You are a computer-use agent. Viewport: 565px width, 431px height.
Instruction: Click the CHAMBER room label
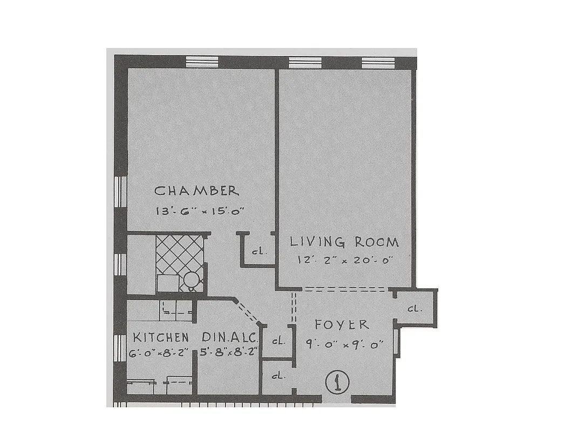tap(196, 191)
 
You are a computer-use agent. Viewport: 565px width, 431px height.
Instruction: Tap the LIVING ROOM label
tap(344, 241)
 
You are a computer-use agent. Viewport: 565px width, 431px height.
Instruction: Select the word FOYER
tap(342, 324)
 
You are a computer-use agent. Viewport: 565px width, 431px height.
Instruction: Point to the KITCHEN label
tap(161, 338)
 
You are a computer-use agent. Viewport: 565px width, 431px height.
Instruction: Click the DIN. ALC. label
tap(230, 338)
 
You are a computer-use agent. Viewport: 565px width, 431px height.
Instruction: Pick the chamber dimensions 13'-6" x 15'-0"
tap(196, 211)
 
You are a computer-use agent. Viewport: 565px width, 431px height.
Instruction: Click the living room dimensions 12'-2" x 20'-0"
tap(344, 259)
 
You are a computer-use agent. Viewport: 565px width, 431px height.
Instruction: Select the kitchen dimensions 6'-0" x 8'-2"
tap(161, 353)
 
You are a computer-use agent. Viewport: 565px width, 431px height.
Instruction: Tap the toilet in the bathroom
tap(190, 280)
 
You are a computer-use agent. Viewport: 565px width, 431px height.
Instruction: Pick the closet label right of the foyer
tap(414, 309)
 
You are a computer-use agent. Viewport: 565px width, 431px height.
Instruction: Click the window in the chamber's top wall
tap(202, 61)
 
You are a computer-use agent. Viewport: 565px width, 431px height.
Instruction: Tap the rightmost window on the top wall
tap(378, 62)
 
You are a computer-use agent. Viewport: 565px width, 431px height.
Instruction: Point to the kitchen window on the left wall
tap(120, 345)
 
